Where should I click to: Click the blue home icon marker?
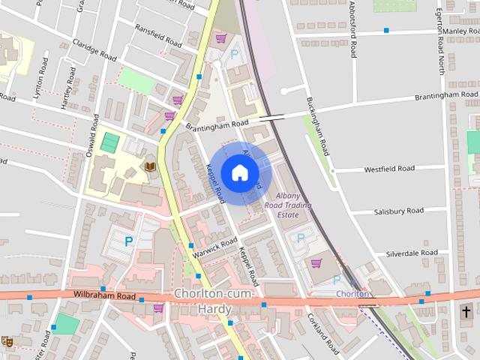(239, 173)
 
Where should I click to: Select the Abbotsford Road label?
(352, 28)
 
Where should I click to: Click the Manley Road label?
(460, 31)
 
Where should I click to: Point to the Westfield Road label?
(389, 169)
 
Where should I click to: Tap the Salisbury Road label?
(398, 211)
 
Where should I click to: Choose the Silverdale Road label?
(412, 253)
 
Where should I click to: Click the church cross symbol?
(466, 310)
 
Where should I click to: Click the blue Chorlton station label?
(352, 294)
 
